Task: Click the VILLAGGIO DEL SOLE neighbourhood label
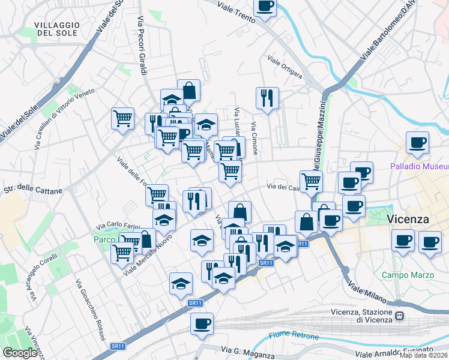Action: [57, 28]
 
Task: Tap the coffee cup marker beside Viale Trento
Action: [265, 7]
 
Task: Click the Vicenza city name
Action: [416, 219]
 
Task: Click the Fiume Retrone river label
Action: [294, 335]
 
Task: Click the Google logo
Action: [20, 353]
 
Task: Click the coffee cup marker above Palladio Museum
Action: [417, 143]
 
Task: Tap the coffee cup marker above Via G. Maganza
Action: [202, 324]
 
